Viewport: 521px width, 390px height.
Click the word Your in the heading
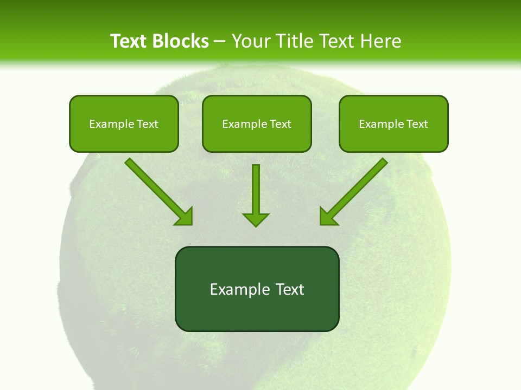[251, 41]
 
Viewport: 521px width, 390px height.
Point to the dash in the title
[220, 41]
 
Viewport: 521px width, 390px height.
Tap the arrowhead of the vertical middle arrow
[256, 219]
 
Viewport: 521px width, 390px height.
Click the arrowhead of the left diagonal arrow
[185, 217]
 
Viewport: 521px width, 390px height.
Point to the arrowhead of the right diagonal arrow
[328, 217]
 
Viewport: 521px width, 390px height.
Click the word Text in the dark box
[290, 289]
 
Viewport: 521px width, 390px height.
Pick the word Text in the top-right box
[417, 124]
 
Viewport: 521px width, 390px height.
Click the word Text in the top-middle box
[281, 124]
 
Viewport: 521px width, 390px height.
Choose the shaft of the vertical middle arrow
[256, 187]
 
